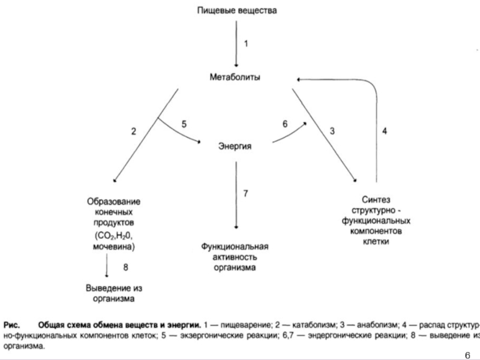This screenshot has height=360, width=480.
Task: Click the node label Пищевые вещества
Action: pos(238,11)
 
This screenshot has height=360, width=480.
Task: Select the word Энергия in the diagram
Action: pos(234,146)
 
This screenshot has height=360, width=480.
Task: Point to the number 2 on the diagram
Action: pos(134,131)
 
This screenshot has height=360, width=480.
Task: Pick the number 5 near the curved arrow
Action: pos(184,124)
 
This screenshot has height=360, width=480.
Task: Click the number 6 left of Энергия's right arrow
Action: pos(285,124)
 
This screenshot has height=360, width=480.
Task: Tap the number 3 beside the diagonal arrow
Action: pos(331,131)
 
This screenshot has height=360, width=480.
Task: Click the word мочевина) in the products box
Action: pos(113,247)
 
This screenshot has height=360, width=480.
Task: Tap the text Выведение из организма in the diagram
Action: pos(113,292)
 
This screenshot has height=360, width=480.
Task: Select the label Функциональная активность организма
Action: pos(235,257)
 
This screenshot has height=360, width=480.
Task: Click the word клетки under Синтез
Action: pos(377,242)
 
